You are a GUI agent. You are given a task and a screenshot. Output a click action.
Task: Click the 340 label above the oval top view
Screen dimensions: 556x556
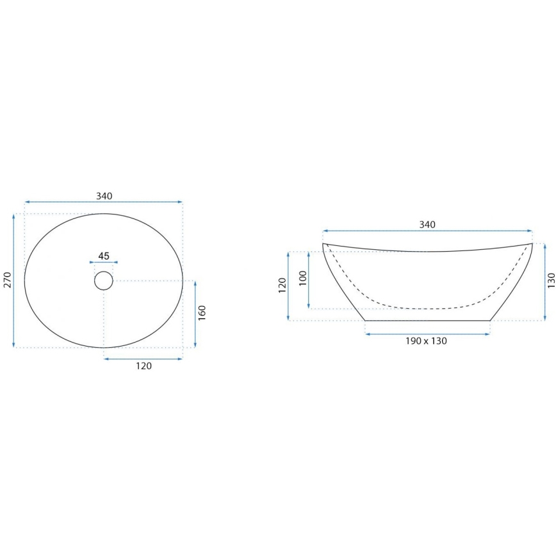(104, 195)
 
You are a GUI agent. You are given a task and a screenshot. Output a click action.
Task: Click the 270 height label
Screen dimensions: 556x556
(7, 281)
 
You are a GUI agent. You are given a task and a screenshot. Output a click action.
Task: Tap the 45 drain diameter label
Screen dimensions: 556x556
(104, 256)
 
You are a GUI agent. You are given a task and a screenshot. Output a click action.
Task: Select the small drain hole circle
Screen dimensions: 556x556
(104, 281)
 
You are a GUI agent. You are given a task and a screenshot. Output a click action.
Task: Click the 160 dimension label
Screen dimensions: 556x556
(202, 313)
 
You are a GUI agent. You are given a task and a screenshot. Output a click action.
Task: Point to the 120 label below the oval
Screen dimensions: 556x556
(143, 366)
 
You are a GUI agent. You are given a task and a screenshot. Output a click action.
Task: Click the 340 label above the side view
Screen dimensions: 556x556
(427, 224)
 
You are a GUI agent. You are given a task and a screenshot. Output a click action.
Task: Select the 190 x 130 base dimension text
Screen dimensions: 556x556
(427, 341)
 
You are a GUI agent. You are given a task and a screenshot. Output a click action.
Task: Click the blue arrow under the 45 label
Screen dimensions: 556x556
(104, 262)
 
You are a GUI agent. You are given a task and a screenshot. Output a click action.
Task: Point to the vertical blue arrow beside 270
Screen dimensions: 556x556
(14, 281)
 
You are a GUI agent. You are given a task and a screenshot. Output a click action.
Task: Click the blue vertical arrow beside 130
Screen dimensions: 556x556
(544, 281)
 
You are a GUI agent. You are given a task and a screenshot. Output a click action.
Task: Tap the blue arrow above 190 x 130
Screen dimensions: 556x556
(427, 334)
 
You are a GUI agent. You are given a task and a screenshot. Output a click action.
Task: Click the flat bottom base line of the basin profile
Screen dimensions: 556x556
(427, 320)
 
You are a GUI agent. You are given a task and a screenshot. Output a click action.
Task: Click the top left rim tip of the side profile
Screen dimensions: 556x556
(323, 244)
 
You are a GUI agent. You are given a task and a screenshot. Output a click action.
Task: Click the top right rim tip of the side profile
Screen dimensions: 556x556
(532, 243)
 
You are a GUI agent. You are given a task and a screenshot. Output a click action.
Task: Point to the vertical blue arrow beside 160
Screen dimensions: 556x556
(195, 313)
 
